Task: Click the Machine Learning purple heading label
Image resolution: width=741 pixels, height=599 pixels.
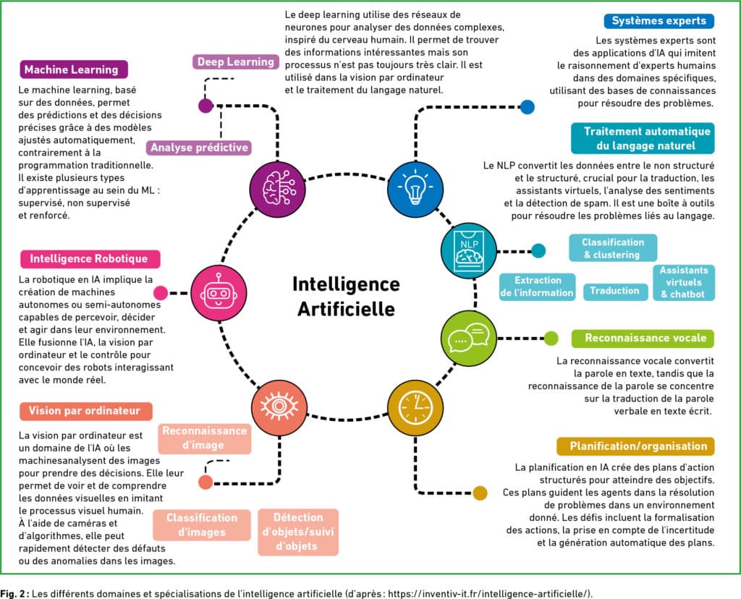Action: [74, 69]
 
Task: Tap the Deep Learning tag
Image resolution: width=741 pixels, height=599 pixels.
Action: [235, 62]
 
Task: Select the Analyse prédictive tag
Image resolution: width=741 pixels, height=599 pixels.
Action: [199, 148]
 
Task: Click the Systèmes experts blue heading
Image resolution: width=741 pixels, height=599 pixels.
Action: [659, 21]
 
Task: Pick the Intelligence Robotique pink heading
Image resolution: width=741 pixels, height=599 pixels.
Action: [90, 259]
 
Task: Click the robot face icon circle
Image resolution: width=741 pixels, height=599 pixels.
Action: [219, 293]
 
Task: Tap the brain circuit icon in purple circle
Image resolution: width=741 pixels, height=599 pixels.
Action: [277, 189]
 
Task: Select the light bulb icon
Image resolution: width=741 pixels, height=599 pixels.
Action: [415, 189]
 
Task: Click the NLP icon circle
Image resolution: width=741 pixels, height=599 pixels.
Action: [468, 250]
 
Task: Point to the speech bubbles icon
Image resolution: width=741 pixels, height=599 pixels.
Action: [468, 338]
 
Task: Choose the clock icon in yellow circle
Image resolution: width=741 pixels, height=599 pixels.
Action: [415, 408]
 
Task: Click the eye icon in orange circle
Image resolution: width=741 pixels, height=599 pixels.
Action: [279, 408]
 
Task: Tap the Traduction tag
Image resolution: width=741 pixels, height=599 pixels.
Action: [614, 291]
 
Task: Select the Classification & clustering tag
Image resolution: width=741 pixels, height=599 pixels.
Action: [612, 248]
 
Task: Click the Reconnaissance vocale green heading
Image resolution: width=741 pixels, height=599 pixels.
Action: [643, 339]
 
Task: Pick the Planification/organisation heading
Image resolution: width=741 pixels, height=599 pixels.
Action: [635, 446]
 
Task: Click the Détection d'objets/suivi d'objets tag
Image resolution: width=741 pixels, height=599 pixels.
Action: [298, 532]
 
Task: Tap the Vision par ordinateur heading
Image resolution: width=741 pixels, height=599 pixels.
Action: [85, 411]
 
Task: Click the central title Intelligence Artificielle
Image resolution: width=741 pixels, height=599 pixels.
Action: [346, 296]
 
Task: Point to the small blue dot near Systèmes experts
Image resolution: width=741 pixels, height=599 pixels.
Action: [528, 107]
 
